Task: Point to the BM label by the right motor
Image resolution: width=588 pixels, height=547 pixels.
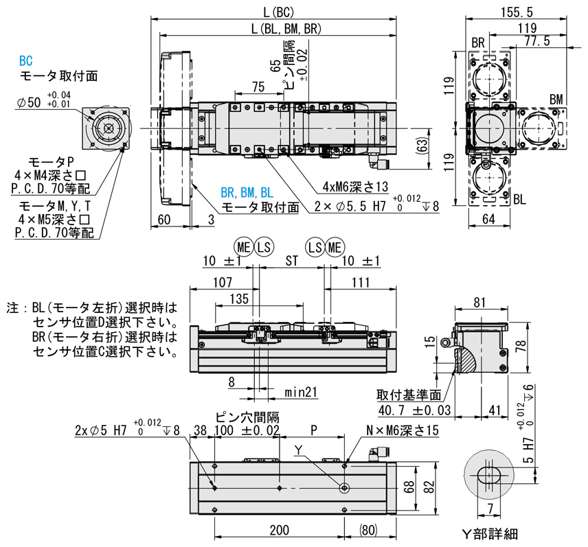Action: (556, 100)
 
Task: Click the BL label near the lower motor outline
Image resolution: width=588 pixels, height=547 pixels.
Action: (519, 199)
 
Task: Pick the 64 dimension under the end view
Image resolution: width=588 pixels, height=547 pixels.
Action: (488, 220)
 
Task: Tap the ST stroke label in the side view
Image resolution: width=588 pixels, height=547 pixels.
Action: (292, 261)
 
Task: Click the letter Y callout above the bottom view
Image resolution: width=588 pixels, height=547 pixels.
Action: (297, 450)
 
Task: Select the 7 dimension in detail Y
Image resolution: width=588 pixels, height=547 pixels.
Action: (489, 509)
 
